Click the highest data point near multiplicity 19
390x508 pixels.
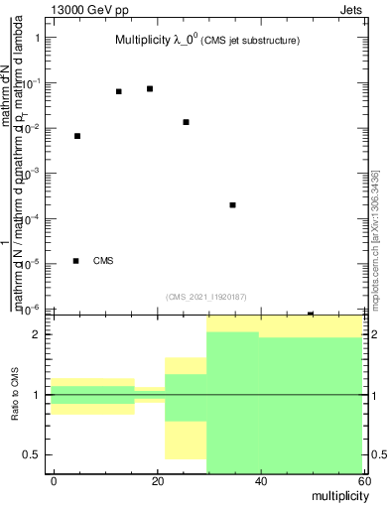150,88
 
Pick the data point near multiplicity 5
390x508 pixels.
77,136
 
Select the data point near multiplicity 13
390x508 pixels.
119,91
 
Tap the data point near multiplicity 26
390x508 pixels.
187,122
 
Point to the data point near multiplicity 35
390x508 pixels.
232,205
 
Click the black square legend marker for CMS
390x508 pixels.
76,261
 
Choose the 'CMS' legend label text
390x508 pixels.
103,261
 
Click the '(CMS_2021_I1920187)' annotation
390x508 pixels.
205,296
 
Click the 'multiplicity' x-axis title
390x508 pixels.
335,494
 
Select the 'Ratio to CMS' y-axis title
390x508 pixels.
15,395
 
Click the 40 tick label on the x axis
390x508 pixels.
260,481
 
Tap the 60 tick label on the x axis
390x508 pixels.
363,481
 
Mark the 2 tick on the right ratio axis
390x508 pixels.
372,335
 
